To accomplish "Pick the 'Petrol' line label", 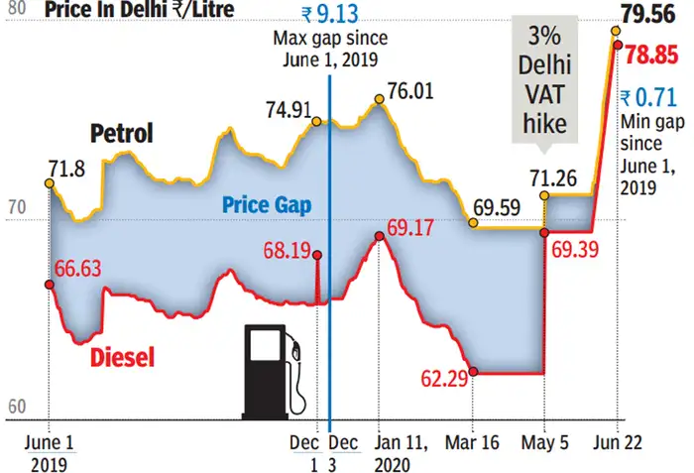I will [x=121, y=133].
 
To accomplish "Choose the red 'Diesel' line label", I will [x=123, y=358].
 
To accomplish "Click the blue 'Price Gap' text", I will [x=266, y=205].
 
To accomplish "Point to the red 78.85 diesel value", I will [x=655, y=53].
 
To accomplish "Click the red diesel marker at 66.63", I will [x=50, y=284].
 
